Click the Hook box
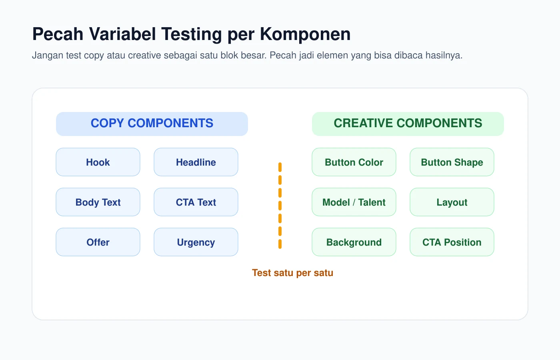(98, 162)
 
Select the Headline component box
(196, 162)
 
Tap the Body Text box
(98, 202)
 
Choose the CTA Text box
(196, 202)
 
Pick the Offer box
(98, 242)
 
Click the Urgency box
(196, 242)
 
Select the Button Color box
(354, 162)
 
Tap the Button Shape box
(452, 162)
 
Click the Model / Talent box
(354, 202)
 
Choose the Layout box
(452, 202)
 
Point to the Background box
(354, 242)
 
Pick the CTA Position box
(452, 242)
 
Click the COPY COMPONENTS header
(152, 124)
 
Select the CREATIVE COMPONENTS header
(408, 124)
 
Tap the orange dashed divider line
(280, 206)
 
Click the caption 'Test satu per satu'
(292, 273)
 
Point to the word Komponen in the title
(305, 34)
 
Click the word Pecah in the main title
(58, 34)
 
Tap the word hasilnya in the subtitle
(444, 56)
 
